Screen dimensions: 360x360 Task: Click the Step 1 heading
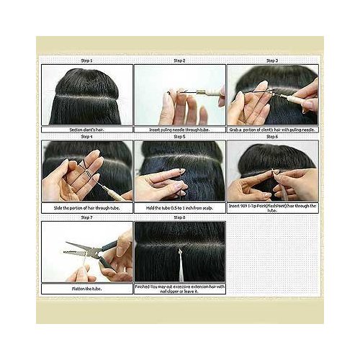tap(86, 60)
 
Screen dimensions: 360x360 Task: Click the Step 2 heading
tap(179, 60)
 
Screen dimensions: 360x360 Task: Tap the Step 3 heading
tap(272, 60)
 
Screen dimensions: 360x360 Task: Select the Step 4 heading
tap(86, 136)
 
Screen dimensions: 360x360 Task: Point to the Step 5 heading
tap(179, 136)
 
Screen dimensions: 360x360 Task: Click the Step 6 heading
tap(272, 136)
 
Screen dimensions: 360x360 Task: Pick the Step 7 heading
tap(86, 217)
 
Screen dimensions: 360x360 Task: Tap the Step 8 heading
tap(179, 217)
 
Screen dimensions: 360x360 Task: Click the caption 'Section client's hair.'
tap(86, 129)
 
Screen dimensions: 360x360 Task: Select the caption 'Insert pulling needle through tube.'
tap(179, 129)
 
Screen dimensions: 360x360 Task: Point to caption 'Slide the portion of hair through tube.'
tap(86, 207)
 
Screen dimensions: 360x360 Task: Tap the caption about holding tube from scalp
tap(179, 207)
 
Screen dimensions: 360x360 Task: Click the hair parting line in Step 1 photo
tap(86, 96)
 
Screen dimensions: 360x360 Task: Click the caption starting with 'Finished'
tap(179, 288)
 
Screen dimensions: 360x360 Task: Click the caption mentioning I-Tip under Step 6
tap(272, 209)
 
